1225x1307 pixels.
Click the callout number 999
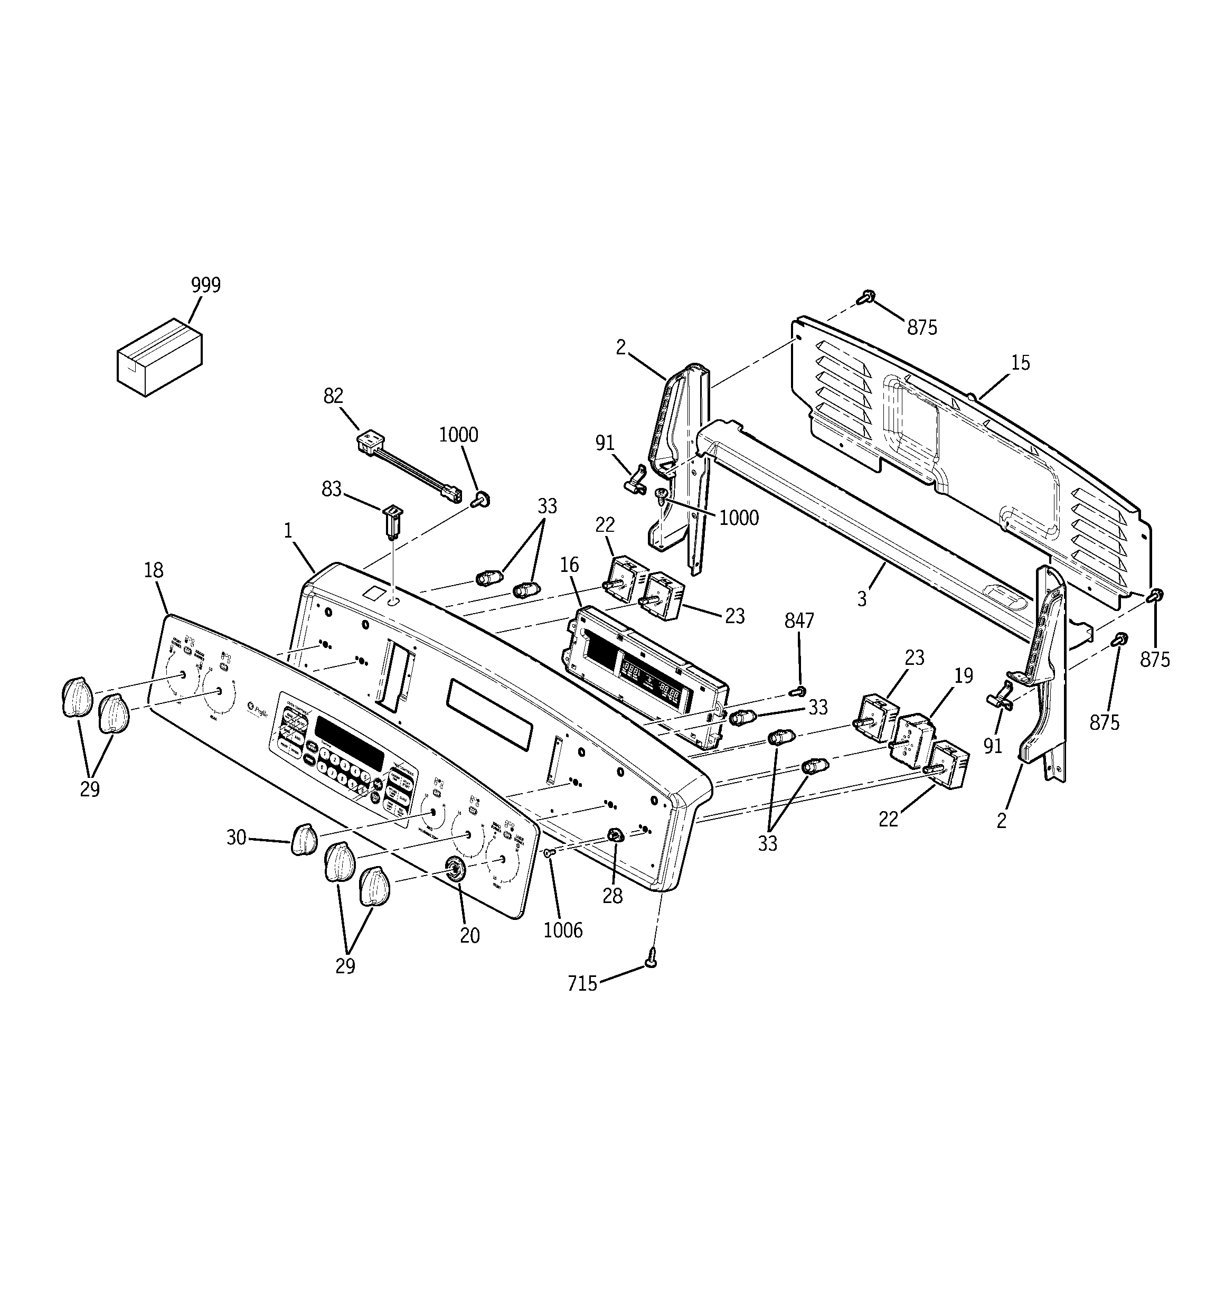coord(206,285)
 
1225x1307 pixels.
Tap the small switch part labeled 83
coord(392,520)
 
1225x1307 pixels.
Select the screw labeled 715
coord(652,957)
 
